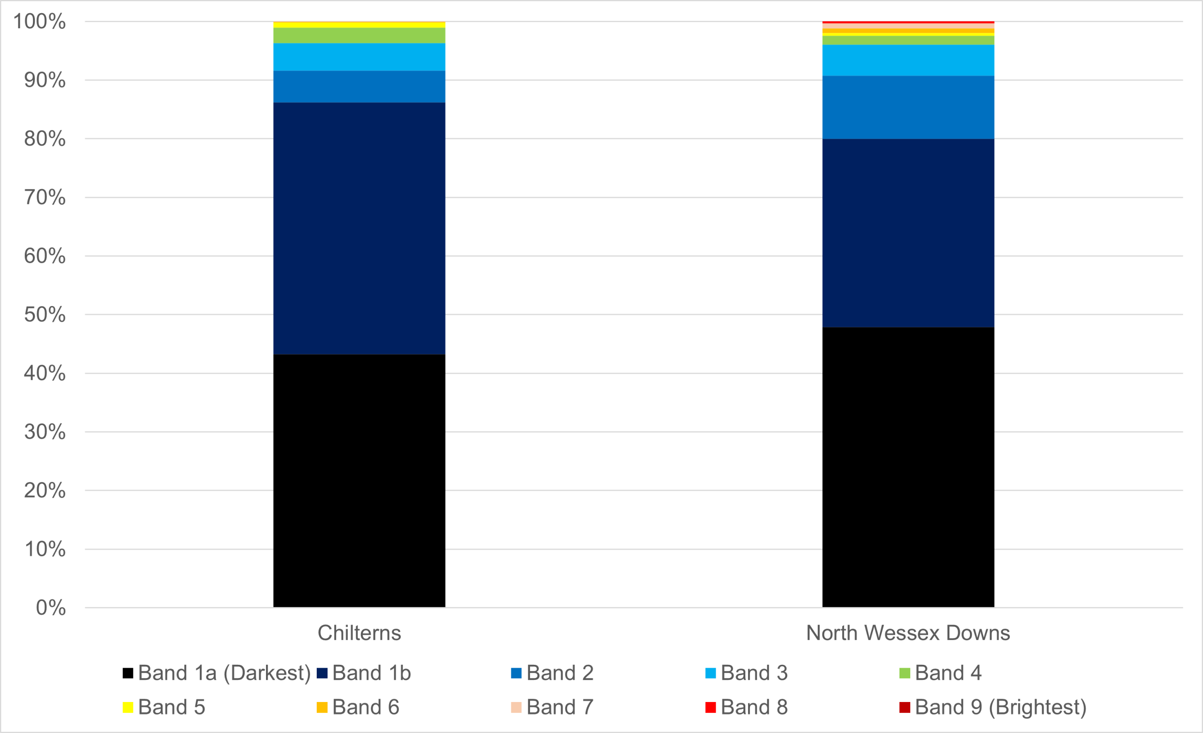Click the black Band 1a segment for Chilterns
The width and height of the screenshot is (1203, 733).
point(359,481)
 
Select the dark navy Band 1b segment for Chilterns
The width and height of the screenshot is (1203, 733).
point(359,228)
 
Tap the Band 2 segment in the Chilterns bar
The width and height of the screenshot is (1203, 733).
point(359,87)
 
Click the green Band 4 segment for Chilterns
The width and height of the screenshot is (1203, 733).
point(359,35)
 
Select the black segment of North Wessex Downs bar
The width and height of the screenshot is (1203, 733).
point(908,467)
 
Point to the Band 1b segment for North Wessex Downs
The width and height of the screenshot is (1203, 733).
point(908,233)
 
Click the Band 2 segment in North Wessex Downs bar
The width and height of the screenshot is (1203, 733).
point(908,108)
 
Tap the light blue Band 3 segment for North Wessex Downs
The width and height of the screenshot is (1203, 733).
point(908,60)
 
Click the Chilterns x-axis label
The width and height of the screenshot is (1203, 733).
point(359,633)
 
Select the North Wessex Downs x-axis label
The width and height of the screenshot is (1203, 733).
point(907,633)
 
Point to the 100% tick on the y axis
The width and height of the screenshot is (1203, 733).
point(39,22)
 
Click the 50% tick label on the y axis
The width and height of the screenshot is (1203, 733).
point(45,315)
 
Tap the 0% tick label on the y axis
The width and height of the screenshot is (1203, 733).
point(50,607)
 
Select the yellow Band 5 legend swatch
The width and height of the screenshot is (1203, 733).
point(128,707)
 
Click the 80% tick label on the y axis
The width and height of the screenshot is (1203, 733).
point(45,139)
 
